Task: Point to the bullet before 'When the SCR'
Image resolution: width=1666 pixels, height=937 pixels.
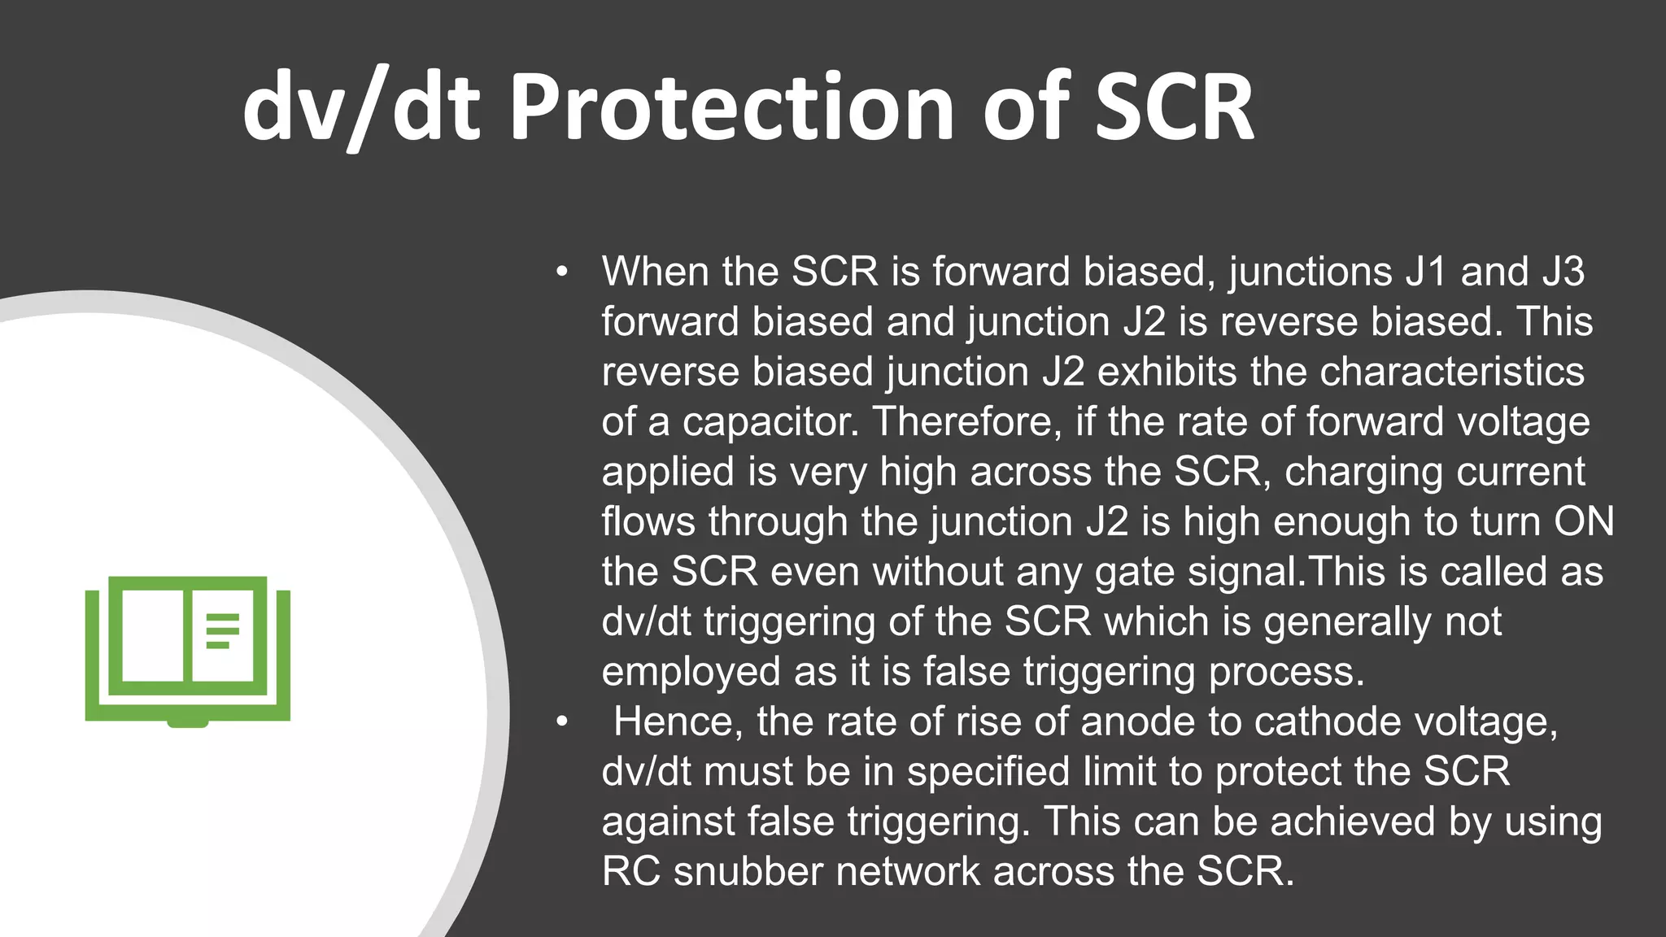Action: pyautogui.click(x=560, y=272)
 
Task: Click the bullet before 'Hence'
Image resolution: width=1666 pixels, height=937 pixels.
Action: pyautogui.click(x=560, y=722)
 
